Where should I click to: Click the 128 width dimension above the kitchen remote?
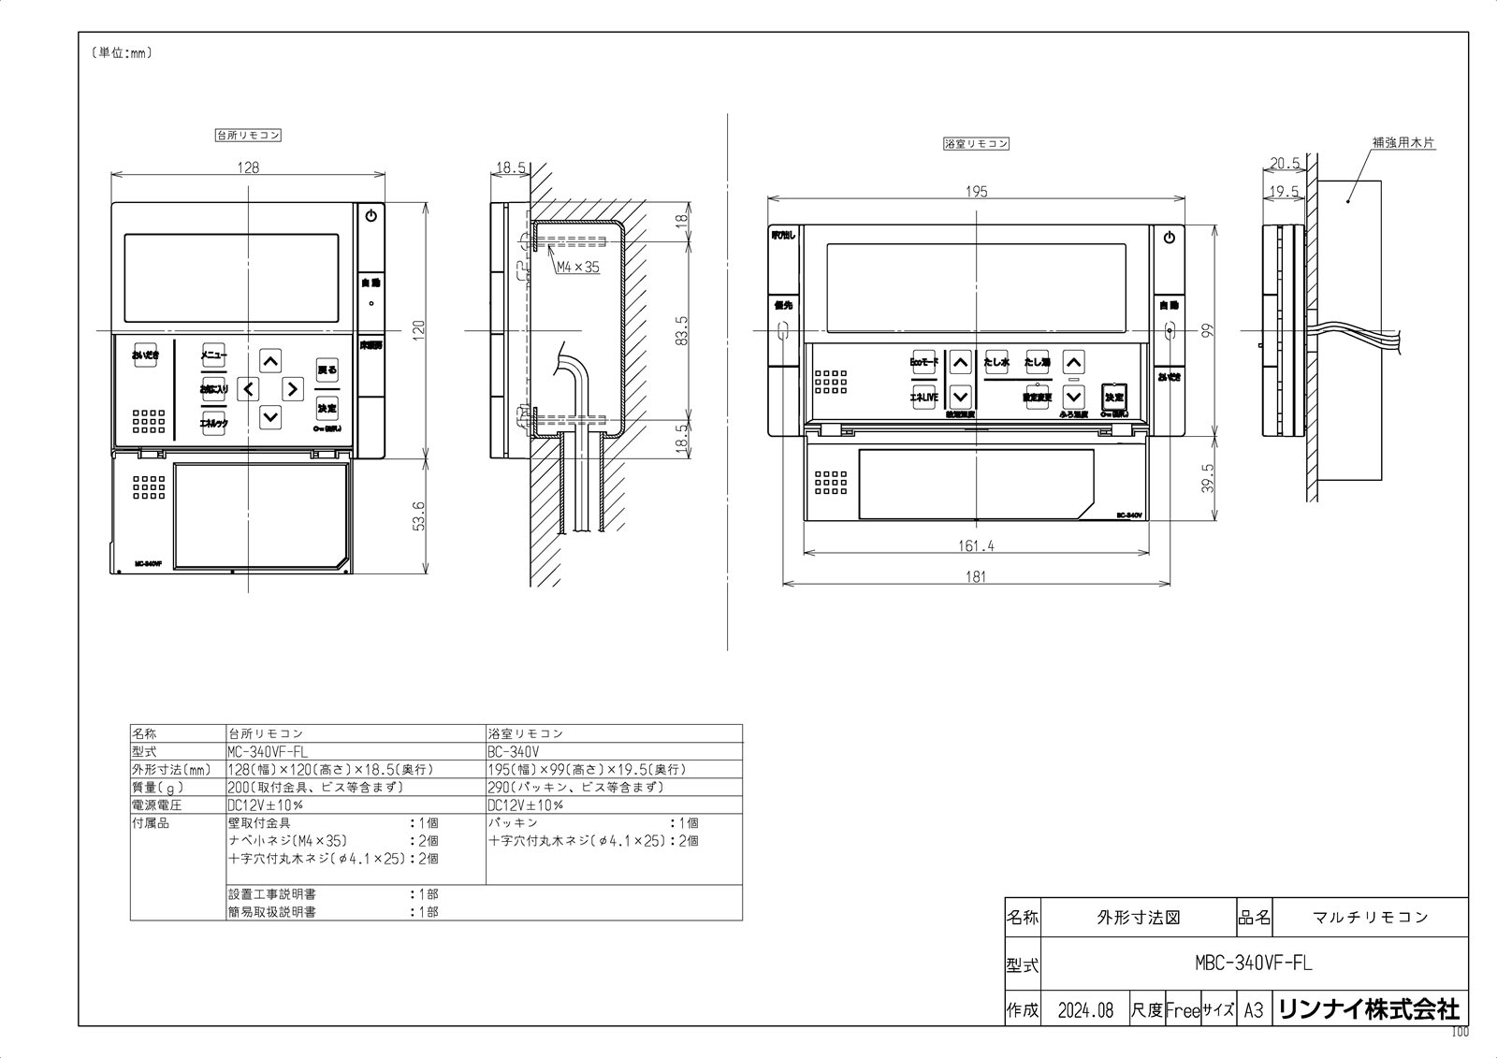pos(248,167)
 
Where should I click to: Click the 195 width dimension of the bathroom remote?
pos(976,192)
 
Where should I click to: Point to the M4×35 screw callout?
pos(577,267)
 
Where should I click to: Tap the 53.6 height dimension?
pos(418,516)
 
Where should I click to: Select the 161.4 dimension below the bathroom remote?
pos(976,545)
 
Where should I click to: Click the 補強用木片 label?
pos(1403,143)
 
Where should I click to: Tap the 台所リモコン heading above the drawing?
pos(248,135)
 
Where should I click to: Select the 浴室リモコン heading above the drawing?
pos(976,144)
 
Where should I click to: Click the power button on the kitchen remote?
pos(371,216)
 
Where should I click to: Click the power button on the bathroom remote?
pos(1169,238)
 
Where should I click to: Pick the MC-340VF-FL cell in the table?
pos(267,751)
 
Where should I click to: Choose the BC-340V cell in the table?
pos(514,751)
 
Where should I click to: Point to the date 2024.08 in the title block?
pos(1085,1010)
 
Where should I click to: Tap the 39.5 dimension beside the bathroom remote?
pos(1208,478)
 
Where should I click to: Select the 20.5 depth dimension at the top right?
pos(1284,164)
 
